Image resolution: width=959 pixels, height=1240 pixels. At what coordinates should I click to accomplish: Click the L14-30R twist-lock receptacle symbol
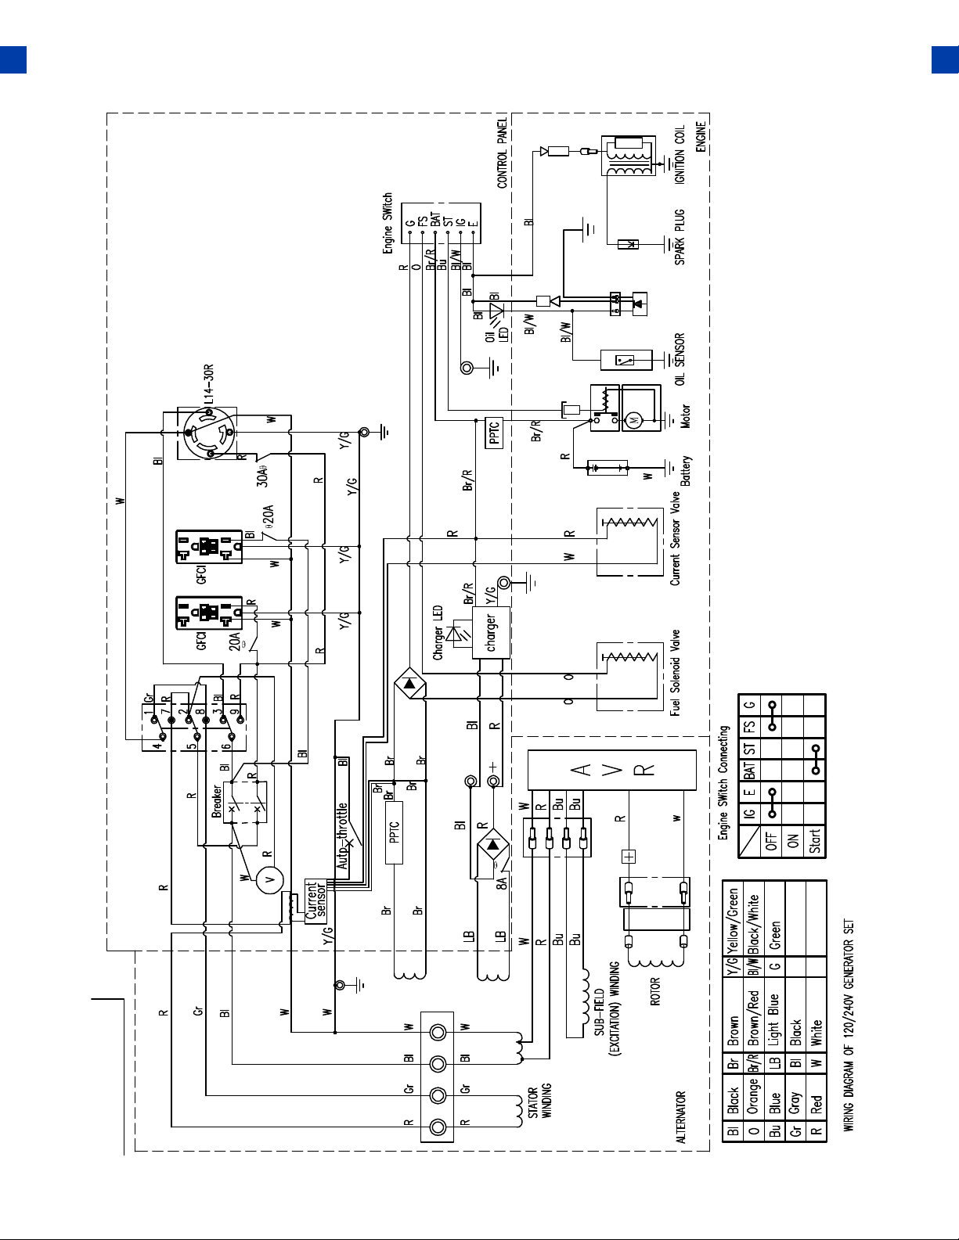(x=209, y=432)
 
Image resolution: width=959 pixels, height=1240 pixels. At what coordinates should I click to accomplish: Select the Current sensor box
(x=315, y=901)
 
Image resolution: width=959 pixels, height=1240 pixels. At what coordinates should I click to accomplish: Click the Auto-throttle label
(x=341, y=836)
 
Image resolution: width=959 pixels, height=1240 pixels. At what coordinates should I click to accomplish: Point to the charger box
(x=491, y=632)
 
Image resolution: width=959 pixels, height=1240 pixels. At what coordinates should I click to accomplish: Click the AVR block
(x=611, y=771)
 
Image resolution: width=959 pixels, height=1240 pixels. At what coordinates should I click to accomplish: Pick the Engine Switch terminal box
(x=441, y=223)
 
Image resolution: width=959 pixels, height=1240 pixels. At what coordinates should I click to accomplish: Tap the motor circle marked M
(x=633, y=421)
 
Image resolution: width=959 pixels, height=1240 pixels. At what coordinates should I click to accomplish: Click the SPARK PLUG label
(x=680, y=237)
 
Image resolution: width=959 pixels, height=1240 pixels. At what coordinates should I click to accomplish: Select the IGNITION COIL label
(x=680, y=155)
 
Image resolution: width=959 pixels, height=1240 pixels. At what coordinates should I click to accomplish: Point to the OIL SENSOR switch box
(x=626, y=360)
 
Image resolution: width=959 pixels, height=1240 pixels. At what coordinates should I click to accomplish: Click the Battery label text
(x=685, y=470)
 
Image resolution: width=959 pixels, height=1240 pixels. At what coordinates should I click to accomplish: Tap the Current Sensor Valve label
(x=676, y=538)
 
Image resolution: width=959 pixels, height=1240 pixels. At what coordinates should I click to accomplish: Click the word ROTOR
(x=654, y=991)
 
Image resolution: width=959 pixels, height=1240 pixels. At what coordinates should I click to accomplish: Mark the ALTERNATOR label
(x=680, y=1117)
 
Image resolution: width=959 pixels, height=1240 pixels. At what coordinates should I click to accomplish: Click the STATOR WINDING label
(x=539, y=1102)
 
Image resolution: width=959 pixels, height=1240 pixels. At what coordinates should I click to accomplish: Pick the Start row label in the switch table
(x=815, y=840)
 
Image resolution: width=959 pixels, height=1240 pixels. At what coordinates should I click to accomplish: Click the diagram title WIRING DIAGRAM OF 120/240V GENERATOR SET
(x=849, y=1025)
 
